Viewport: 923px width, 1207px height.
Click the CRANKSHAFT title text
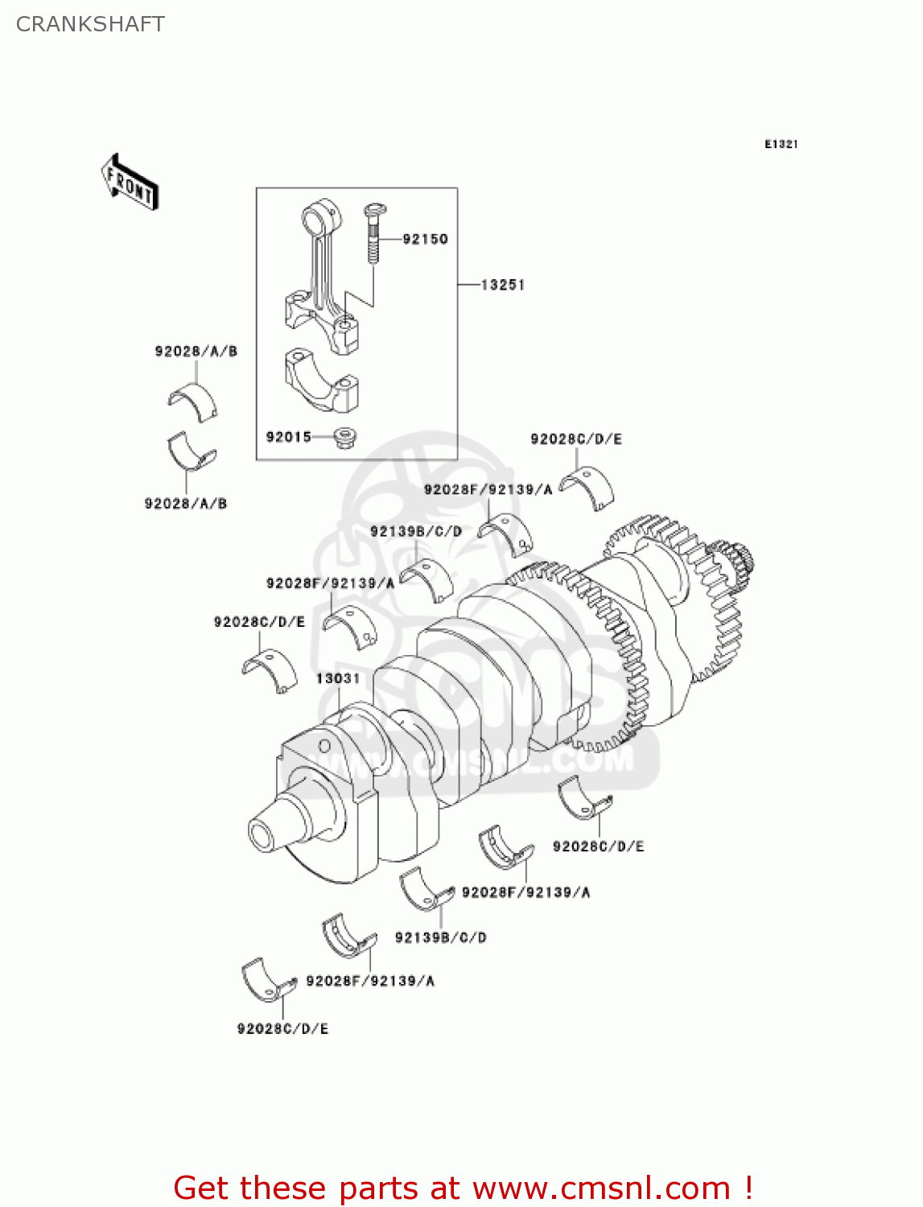pos(90,24)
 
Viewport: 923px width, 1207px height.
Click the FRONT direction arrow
pos(130,183)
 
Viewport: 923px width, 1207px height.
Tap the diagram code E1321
pos(781,144)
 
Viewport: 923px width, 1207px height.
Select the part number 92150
pos(425,239)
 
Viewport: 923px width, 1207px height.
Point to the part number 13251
pos(503,285)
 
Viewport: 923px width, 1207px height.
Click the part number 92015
pos(288,437)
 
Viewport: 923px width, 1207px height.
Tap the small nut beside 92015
pos(345,439)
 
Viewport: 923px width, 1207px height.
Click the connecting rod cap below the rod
pos(321,379)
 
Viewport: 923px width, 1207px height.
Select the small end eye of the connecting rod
pos(322,217)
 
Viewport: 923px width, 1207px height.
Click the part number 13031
pos(338,678)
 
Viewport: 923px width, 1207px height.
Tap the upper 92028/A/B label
pos(196,351)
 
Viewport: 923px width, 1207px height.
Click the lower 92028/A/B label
pos(186,504)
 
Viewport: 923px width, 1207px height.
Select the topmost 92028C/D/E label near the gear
pos(576,439)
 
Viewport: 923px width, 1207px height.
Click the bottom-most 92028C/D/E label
pos(282,1028)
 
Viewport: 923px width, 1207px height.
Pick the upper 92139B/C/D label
pos(416,531)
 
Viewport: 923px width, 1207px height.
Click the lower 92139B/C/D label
pos(441,937)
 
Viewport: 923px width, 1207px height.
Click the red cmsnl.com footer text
pos(463,1188)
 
